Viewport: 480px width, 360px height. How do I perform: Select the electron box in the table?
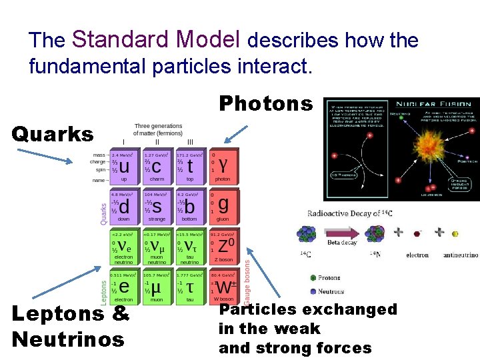pos(124,287)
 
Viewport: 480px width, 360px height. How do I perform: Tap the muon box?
pos(157,287)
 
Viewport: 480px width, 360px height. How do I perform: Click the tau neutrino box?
pos(191,247)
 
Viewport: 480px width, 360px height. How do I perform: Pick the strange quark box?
pos(157,207)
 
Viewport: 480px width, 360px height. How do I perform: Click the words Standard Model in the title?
pos(156,39)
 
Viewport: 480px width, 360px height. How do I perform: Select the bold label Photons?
pos(265,103)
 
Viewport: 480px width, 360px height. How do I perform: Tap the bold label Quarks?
pos(53,134)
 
